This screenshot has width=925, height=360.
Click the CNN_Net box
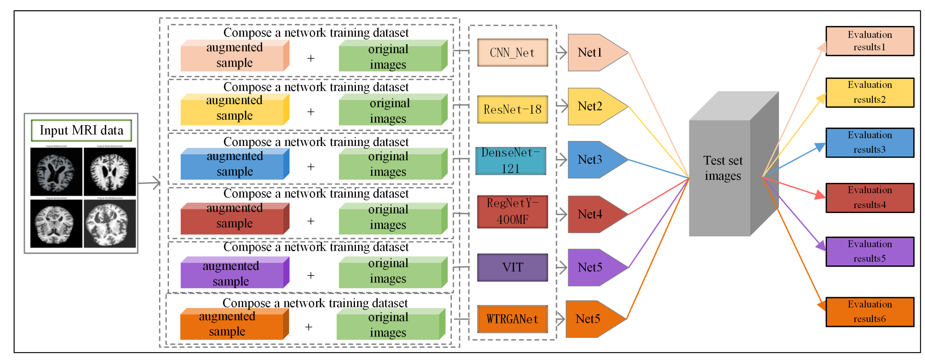tap(512, 53)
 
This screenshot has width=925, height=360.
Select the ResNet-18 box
tap(512, 109)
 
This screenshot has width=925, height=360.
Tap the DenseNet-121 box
tap(511, 161)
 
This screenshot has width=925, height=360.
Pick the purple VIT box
tap(512, 267)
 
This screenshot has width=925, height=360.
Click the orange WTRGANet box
tap(512, 319)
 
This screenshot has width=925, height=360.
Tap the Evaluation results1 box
tap(869, 41)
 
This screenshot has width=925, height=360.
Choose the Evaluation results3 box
tap(869, 142)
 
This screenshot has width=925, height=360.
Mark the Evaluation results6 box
tap(869, 312)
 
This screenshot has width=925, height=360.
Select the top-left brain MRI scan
tap(56, 172)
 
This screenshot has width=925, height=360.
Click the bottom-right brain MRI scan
tap(109, 223)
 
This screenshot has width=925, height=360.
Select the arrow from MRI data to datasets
tap(149, 183)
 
